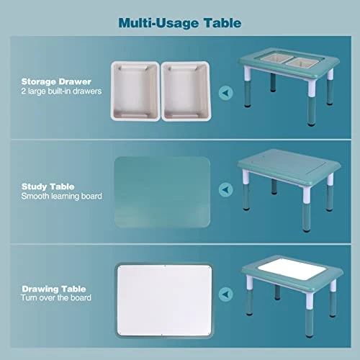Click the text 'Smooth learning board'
tap(61, 196)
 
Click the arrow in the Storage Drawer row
tap(225, 91)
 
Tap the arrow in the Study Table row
tap(225, 190)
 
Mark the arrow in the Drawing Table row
tap(225, 293)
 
